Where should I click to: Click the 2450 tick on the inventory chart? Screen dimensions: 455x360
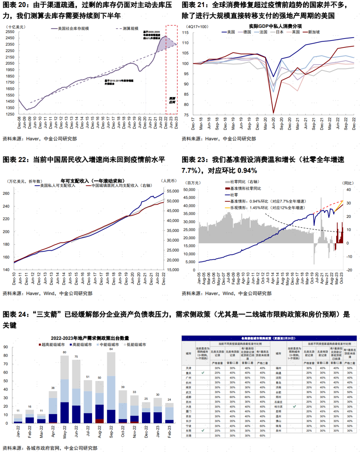click(x=10, y=38)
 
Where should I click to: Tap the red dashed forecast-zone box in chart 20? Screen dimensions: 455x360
click(x=172, y=69)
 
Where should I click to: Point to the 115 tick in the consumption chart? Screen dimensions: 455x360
click(x=185, y=33)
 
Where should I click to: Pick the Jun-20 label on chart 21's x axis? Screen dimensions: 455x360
click(x=273, y=123)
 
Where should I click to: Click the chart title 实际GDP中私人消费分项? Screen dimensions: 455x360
click(x=275, y=26)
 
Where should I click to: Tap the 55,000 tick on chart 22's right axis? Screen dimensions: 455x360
click(x=173, y=191)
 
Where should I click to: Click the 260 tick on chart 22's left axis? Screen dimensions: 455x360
click(x=6, y=193)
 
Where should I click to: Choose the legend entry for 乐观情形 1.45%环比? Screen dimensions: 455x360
click(x=267, y=208)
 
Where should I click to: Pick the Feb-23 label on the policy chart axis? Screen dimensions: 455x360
click(x=169, y=431)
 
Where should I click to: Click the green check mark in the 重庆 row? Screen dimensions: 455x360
click(x=203, y=373)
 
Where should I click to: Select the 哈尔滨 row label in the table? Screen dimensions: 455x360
click(x=278, y=407)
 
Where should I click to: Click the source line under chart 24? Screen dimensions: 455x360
click(x=50, y=448)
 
